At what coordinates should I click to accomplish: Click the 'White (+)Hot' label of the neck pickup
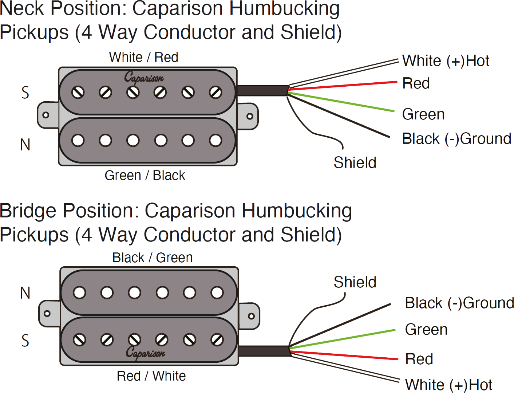click(x=446, y=61)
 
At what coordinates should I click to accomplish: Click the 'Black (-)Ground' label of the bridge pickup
click(x=459, y=303)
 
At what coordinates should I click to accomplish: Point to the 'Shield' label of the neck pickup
click(x=355, y=163)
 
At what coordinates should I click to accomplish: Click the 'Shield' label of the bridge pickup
click(x=355, y=282)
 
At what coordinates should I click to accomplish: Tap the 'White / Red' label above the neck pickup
click(x=144, y=58)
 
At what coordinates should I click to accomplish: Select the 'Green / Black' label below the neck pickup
click(x=145, y=176)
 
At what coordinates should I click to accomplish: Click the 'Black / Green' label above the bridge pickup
click(x=153, y=258)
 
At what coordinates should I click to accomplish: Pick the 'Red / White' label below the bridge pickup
click(x=151, y=376)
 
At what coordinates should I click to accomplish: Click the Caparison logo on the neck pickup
click(x=144, y=78)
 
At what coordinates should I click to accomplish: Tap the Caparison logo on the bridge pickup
click(x=145, y=353)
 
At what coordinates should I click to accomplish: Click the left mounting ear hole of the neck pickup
click(x=46, y=115)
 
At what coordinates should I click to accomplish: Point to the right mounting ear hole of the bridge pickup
click(x=251, y=316)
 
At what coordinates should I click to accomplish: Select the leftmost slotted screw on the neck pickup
click(x=78, y=93)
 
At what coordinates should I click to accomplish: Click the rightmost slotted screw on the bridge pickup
click(x=217, y=340)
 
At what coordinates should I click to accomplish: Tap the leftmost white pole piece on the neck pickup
click(x=78, y=140)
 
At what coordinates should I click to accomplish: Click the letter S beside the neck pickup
click(x=25, y=93)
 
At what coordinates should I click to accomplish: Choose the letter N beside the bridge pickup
click(x=25, y=293)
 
